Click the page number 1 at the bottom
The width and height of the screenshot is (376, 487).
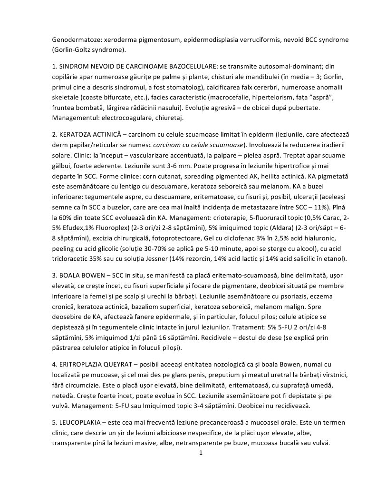point(201,452)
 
